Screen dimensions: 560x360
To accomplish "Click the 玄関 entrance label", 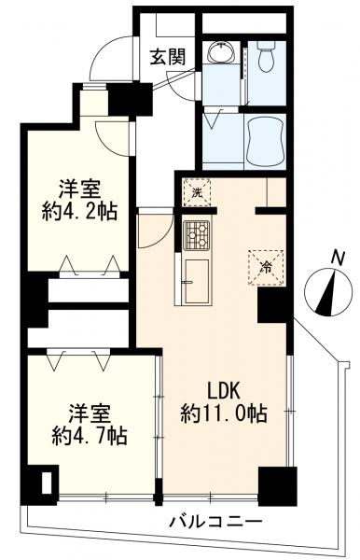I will [x=168, y=56].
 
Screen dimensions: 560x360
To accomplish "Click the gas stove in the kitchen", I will [x=197, y=235].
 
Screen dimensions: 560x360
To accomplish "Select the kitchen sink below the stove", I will [x=198, y=281].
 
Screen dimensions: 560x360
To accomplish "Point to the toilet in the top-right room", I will [x=266, y=59].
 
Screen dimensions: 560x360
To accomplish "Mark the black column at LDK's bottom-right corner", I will [x=277, y=484].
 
